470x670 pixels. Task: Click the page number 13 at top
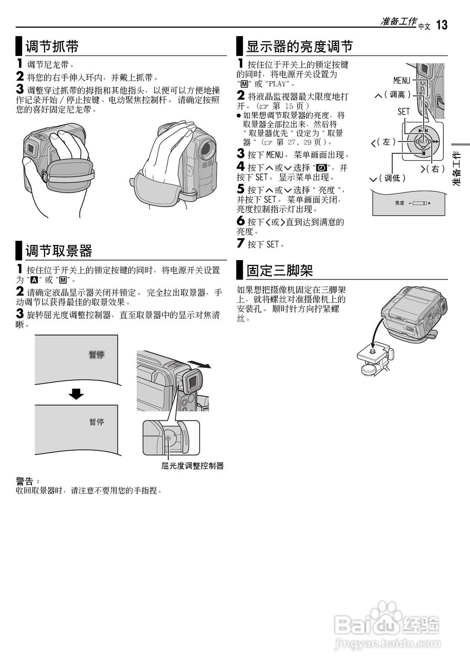[x=441, y=25]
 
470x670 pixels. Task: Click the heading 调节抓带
[x=52, y=47]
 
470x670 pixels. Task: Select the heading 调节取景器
[x=59, y=251]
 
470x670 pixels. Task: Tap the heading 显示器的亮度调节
[x=299, y=47]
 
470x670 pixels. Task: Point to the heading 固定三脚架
[x=280, y=271]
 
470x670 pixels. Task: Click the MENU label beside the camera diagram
[x=402, y=81]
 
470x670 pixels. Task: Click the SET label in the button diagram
[x=403, y=111]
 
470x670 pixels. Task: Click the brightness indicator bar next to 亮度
[x=419, y=203]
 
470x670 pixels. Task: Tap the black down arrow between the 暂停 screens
[x=76, y=394]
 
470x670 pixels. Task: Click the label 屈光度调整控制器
[x=192, y=465]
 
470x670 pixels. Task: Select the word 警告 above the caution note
[x=27, y=481]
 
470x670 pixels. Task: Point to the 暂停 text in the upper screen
[x=96, y=354]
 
